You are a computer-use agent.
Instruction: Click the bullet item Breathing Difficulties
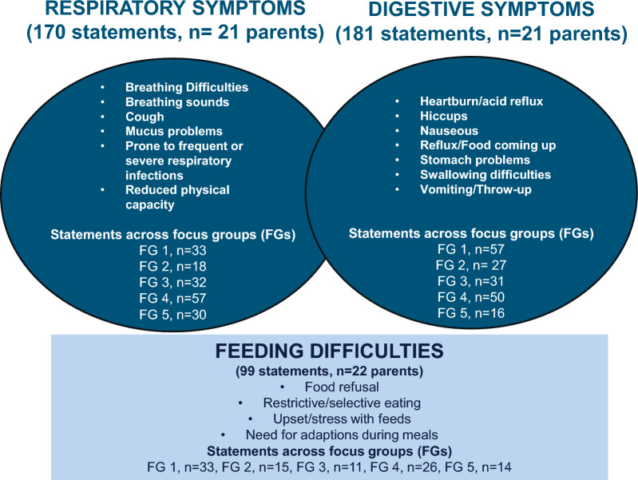click(186, 87)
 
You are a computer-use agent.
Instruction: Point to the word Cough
click(145, 117)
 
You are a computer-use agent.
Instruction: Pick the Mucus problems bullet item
click(173, 131)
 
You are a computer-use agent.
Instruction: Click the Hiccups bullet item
click(442, 116)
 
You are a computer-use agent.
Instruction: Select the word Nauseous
click(449, 130)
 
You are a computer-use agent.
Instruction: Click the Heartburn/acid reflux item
click(470, 101)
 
